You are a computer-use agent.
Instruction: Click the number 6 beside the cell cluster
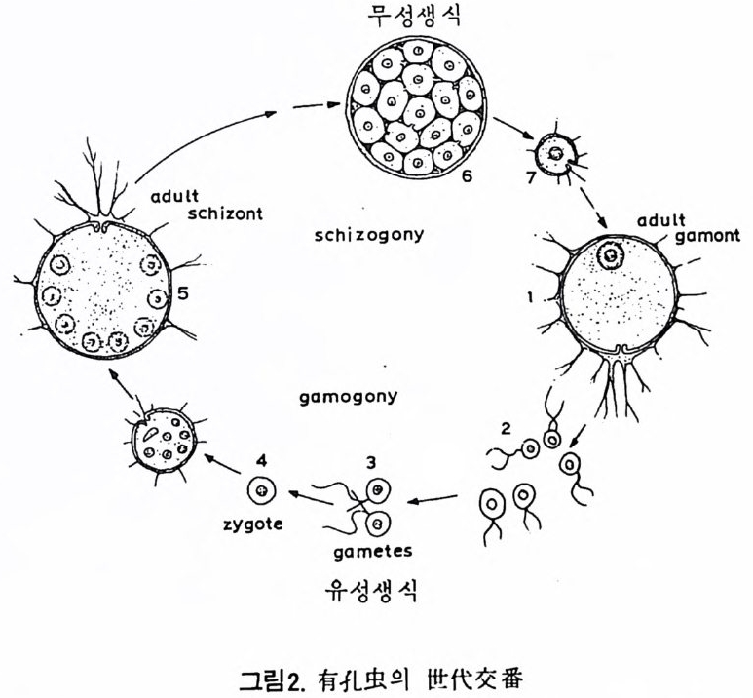467,176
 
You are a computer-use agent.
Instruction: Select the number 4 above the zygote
258,458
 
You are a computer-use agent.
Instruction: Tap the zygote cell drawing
260,490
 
